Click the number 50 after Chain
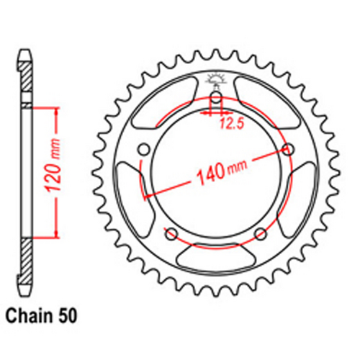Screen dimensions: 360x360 (x=66, y=315)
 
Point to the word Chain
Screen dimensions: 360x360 (x=31, y=315)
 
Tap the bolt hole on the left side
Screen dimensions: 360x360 (x=143, y=149)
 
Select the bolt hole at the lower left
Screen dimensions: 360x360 (x=171, y=233)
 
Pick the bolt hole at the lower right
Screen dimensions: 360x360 (x=260, y=233)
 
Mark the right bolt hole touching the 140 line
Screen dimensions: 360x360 (x=289, y=149)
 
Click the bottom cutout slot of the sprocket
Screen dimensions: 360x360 (x=215, y=256)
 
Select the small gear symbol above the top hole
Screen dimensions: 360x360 (x=215, y=80)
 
